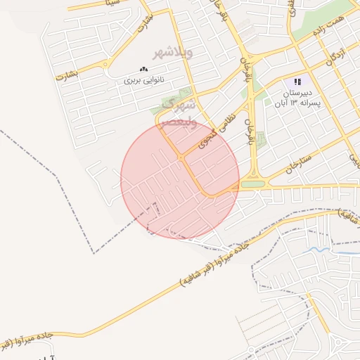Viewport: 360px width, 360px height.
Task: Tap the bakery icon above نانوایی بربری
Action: point(144,69)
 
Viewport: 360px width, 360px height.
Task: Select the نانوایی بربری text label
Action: point(143,80)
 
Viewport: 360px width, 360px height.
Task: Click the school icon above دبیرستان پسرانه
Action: point(297,82)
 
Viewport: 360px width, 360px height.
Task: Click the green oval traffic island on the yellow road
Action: point(253,184)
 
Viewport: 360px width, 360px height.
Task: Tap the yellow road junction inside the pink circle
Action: point(181,159)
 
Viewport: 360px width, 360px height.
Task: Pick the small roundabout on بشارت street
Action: point(105,67)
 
